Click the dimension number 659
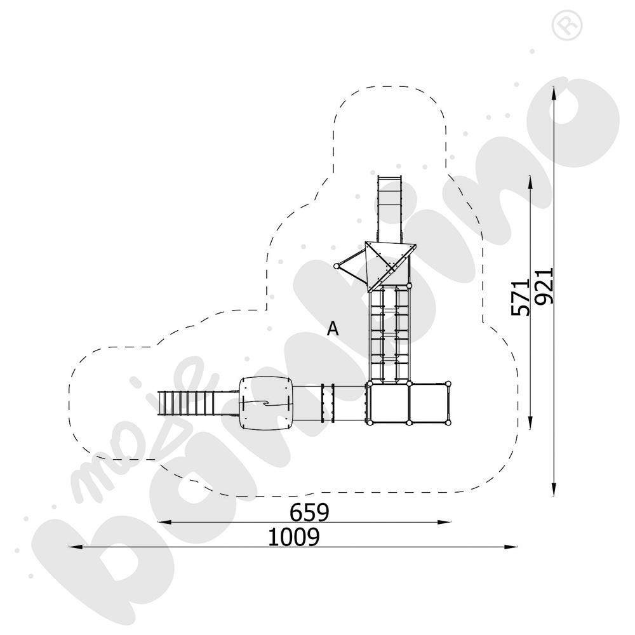click(x=309, y=512)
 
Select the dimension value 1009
click(x=294, y=537)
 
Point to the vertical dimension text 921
click(x=544, y=286)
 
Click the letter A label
click(x=333, y=328)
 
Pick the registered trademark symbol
click(x=566, y=25)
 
